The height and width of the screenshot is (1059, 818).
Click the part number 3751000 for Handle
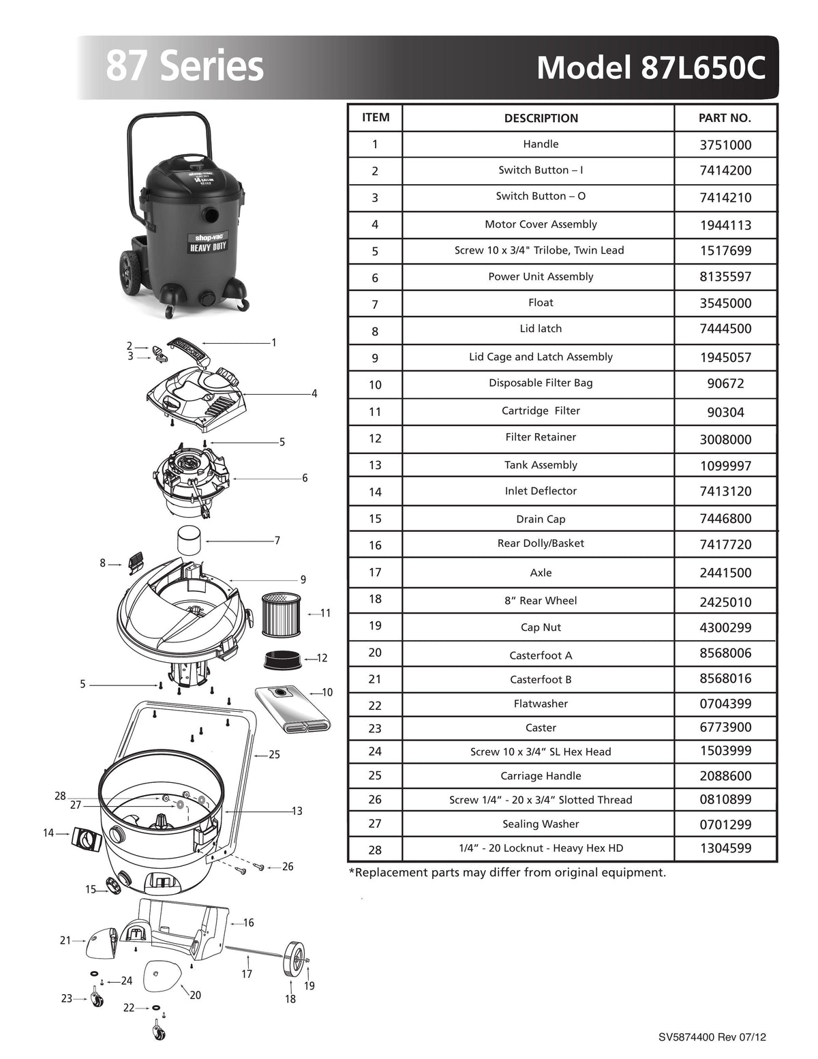(x=725, y=145)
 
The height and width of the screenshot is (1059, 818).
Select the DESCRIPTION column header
(x=541, y=118)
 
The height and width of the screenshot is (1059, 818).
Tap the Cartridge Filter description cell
(x=541, y=411)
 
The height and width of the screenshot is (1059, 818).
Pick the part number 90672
(x=725, y=384)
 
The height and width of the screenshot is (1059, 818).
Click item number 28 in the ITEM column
(x=375, y=850)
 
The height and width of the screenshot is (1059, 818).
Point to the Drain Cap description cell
(x=541, y=519)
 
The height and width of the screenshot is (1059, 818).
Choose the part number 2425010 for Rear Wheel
(x=725, y=601)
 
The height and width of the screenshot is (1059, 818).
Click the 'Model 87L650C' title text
(x=650, y=68)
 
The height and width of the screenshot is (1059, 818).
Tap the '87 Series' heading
(x=184, y=66)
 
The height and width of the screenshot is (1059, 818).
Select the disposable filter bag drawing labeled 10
(x=293, y=710)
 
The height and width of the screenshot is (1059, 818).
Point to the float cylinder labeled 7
(x=190, y=540)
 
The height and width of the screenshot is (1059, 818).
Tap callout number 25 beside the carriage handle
(x=274, y=755)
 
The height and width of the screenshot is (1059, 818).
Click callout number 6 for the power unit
(x=305, y=478)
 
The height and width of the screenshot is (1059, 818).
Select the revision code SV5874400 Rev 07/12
(x=712, y=1037)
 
